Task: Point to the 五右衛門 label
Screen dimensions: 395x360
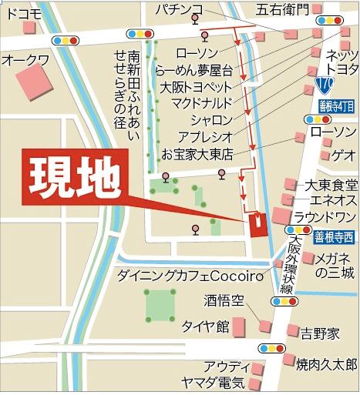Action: coord(281,10)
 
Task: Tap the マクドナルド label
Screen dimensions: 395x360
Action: coord(195,104)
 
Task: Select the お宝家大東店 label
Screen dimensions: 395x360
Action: coord(197,153)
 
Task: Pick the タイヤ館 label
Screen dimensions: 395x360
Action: coord(204,326)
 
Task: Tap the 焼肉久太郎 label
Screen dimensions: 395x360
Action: coord(328,363)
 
